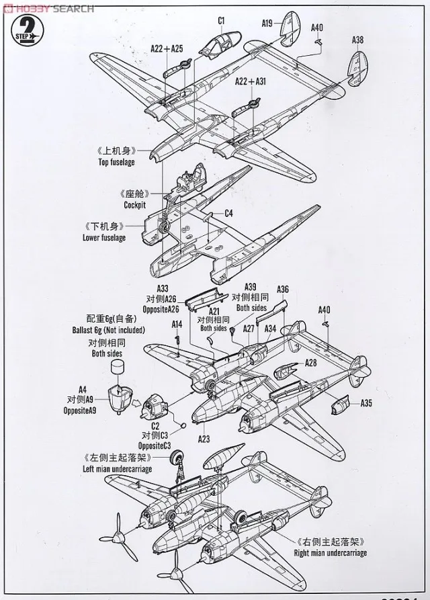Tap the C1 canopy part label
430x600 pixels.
coord(221,21)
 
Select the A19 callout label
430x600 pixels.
coord(267,24)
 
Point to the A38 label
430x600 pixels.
coord(357,40)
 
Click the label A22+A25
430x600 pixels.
coord(167,48)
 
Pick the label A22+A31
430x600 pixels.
coord(251,81)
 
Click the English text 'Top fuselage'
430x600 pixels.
coord(116,162)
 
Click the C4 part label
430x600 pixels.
coord(228,214)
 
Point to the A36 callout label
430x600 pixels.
coord(283,290)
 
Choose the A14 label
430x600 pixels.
coord(177,324)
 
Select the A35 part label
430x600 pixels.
coord(365,403)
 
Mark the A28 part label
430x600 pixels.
coord(310,362)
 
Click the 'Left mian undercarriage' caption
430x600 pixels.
coord(117,468)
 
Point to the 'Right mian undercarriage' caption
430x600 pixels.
coord(331,553)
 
